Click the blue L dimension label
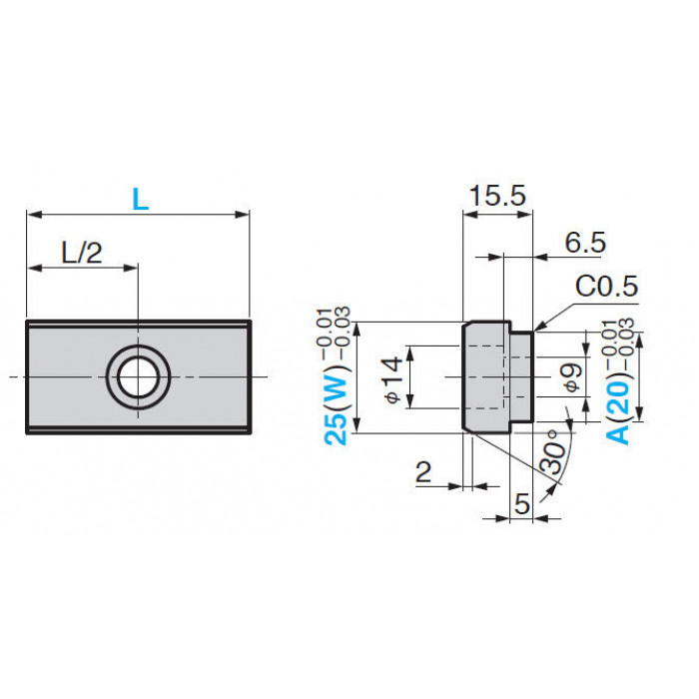tap(141, 200)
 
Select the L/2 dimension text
tap(82, 253)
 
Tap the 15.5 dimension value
tap(497, 196)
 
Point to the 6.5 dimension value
tap(585, 243)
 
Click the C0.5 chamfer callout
tap(607, 286)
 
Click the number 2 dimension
tap(423, 471)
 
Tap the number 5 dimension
tap(522, 503)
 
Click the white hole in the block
tap(138, 377)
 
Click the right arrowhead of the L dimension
tap(243, 215)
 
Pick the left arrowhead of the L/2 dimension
tap(35, 268)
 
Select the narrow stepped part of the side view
tap(521, 377)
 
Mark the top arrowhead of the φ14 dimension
tap(410, 353)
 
